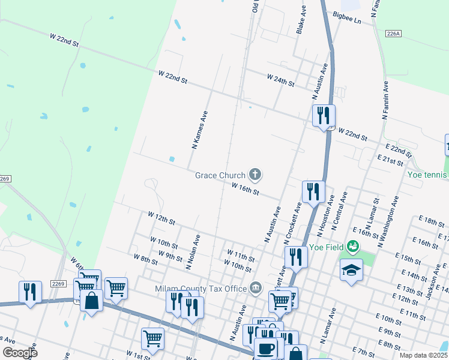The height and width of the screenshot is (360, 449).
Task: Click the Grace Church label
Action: [220, 175]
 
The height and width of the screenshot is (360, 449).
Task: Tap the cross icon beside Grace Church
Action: [256, 175]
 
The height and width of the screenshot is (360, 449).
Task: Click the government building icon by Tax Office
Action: [256, 289]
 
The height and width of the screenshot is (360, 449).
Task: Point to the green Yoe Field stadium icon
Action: [354, 247]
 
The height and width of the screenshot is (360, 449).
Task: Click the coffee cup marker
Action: [265, 348]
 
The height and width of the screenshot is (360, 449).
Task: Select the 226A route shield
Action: [394, 34]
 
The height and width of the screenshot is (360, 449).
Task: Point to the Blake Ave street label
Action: [301, 20]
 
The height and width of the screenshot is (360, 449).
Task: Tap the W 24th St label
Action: [280, 80]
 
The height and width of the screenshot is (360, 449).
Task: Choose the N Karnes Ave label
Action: [199, 129]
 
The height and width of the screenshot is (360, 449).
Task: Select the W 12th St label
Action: [160, 217]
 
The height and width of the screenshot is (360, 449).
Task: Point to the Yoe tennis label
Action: [427, 175]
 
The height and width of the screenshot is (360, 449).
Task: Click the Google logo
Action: [20, 352]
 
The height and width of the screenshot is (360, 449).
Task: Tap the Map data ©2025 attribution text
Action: [424, 355]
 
